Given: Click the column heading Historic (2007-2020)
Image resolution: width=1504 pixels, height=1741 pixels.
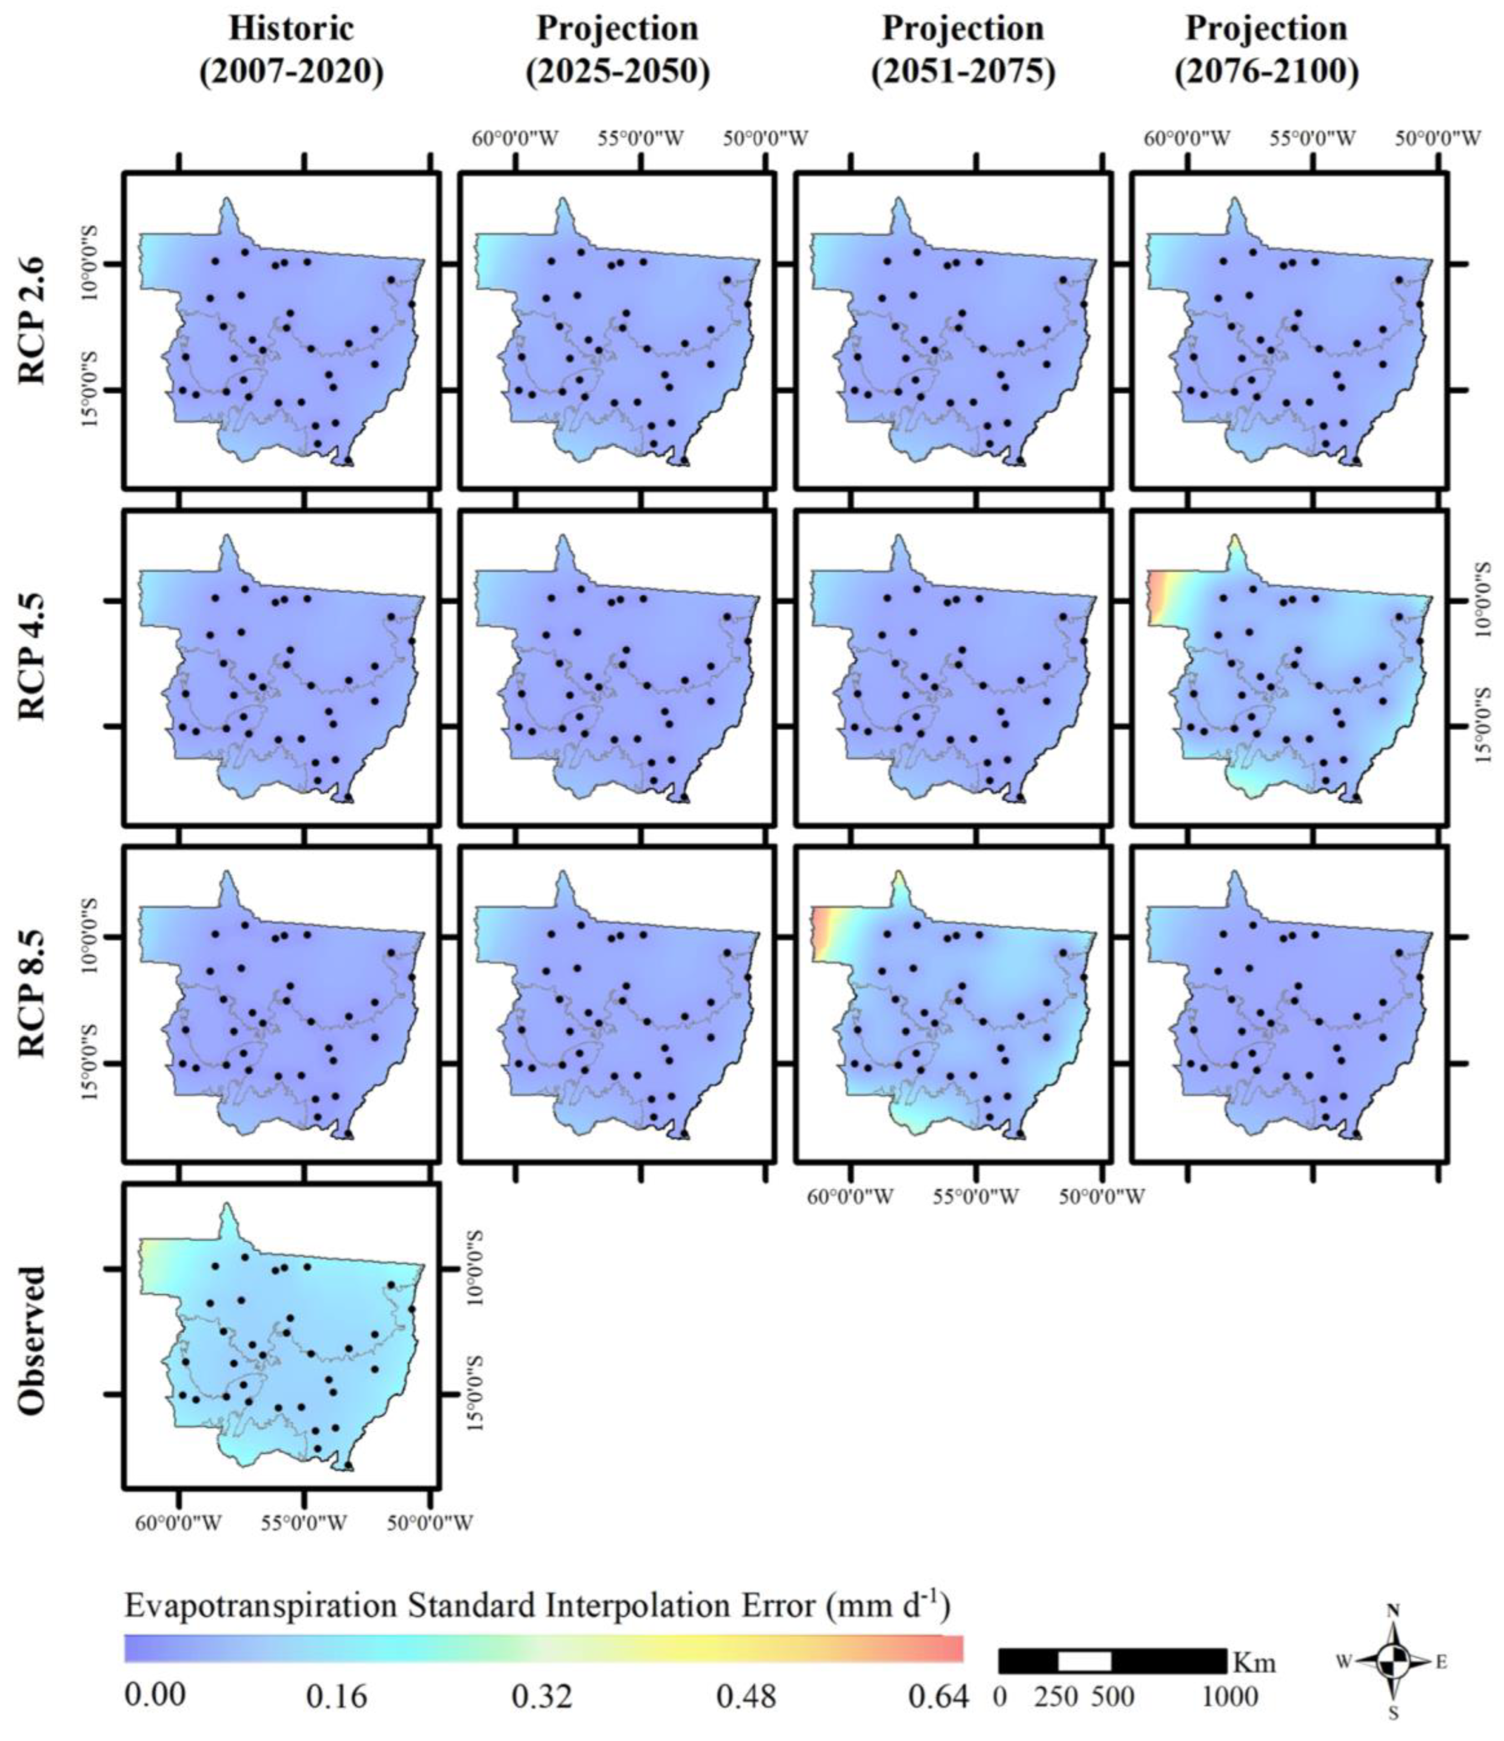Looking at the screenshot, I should (x=291, y=50).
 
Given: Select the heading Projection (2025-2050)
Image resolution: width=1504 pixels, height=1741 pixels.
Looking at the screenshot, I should (x=617, y=50).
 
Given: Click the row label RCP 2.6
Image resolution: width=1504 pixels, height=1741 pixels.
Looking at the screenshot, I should (x=32, y=319).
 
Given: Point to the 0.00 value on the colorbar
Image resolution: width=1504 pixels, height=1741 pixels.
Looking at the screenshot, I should (x=156, y=1696).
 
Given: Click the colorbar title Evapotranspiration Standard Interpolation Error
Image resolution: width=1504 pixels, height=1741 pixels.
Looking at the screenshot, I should (x=537, y=1606).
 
